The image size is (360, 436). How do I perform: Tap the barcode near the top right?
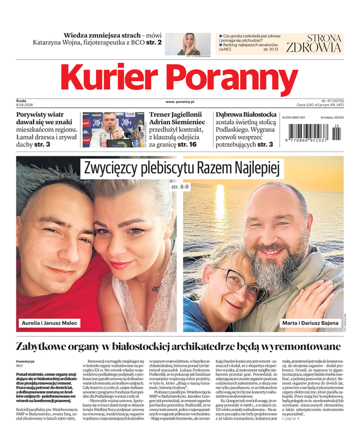313,133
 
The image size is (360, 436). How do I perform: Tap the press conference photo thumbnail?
114,130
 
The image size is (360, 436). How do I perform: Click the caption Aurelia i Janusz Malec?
49,323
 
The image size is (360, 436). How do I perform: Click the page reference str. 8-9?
180,187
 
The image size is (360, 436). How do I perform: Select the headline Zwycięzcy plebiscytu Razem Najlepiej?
180,168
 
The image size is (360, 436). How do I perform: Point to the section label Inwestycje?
26,361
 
